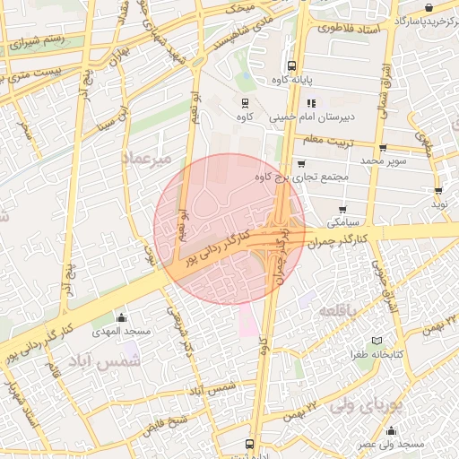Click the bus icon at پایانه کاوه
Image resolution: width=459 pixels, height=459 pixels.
tap(291, 65)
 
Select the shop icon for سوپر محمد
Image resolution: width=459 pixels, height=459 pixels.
tap(383, 148)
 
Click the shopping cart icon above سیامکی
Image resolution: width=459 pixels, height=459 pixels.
tap(342, 209)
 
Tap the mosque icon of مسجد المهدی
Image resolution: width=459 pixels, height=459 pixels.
tap(122, 317)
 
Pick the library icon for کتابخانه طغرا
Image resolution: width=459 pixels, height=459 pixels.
tap(377, 342)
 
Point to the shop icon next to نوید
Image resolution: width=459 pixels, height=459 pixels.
tap(438, 191)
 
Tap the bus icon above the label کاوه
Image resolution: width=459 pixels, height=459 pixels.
tap(244, 103)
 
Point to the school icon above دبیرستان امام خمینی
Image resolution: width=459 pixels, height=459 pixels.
tap(311, 103)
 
